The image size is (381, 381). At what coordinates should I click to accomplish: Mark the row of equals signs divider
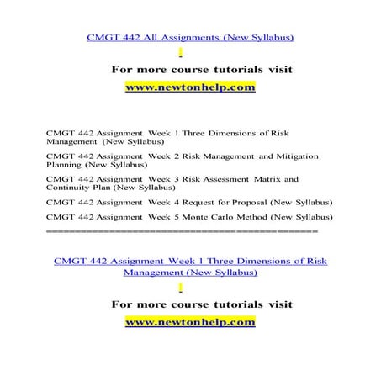(x=182, y=230)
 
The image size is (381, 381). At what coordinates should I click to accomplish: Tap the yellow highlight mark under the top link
(x=193, y=52)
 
